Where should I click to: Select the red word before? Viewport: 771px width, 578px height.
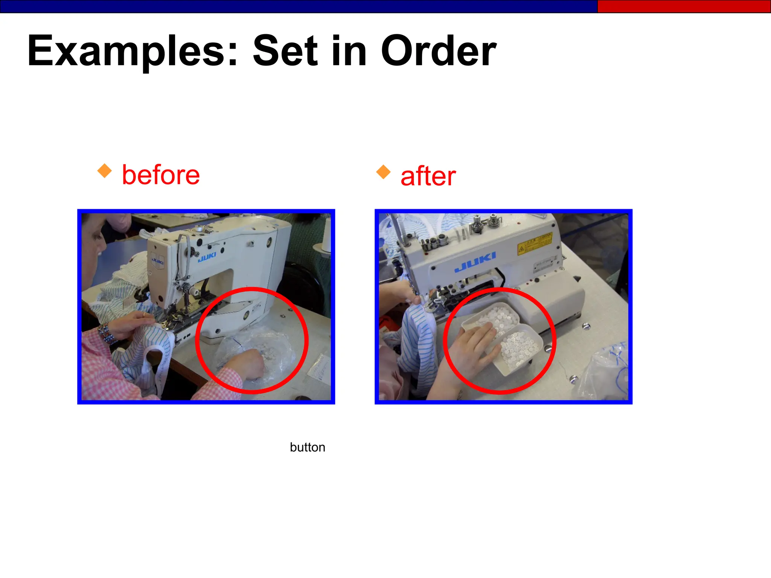(x=161, y=175)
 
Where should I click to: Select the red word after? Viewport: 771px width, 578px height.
(x=428, y=176)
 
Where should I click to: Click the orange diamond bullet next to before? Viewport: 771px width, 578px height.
(x=105, y=171)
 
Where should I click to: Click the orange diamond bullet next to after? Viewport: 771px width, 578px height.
(x=383, y=172)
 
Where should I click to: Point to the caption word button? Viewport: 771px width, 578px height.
(x=307, y=447)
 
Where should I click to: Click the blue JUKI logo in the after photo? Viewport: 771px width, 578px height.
(x=475, y=262)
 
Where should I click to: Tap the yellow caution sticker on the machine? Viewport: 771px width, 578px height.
(x=535, y=243)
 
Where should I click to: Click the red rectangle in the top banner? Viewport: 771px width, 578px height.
(x=684, y=6)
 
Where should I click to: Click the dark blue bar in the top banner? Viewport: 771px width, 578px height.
(x=297, y=6)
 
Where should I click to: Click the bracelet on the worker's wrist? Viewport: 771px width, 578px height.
(x=107, y=334)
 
